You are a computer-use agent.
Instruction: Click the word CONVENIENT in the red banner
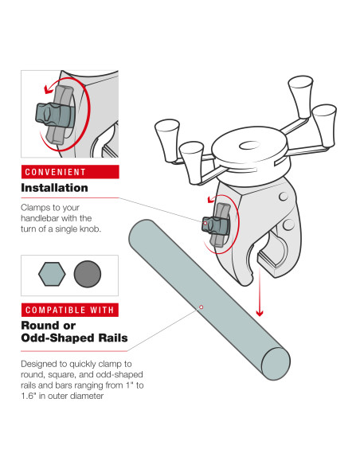(x=55, y=172)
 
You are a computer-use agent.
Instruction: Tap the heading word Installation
(x=55, y=188)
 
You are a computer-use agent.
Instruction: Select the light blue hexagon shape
(x=52, y=274)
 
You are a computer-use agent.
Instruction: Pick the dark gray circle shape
(x=87, y=274)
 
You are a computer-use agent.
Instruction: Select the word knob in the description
(x=91, y=229)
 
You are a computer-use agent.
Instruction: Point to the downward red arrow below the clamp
(x=260, y=291)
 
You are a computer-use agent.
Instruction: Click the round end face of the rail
(x=276, y=364)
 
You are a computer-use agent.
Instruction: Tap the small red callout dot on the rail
(x=201, y=307)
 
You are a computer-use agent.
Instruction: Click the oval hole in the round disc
(x=249, y=145)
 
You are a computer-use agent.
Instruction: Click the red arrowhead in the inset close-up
(x=47, y=89)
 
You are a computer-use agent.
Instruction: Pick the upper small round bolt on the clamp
(x=284, y=197)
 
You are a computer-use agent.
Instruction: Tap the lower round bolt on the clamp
(x=288, y=225)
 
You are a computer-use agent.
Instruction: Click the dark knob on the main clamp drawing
(x=216, y=225)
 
